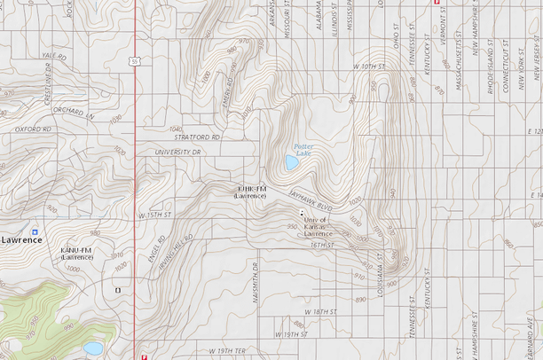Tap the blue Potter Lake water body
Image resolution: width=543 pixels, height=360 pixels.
coord(292,163)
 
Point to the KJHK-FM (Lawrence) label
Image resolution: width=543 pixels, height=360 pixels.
coord(250,192)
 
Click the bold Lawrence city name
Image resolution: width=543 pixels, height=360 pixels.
coord(20,240)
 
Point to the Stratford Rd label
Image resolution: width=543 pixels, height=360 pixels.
coord(197,137)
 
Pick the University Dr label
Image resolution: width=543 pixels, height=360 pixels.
coord(179,153)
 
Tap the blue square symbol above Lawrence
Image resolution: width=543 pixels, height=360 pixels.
coord(34,228)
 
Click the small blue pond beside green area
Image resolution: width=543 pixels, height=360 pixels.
coord(92,348)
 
